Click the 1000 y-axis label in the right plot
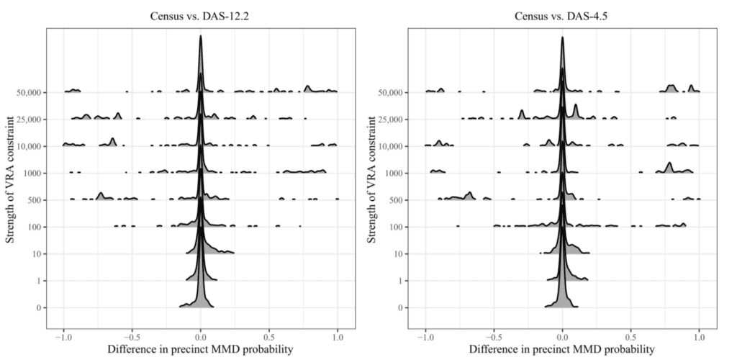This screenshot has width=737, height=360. (394, 174)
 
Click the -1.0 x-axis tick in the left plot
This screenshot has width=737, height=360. (63, 336)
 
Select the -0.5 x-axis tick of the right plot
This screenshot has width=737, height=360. (494, 336)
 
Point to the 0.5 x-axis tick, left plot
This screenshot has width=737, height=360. (269, 336)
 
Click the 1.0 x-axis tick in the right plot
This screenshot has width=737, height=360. (699, 336)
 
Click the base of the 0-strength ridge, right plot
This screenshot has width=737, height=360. (563, 307)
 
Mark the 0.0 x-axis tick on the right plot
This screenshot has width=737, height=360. (563, 336)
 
